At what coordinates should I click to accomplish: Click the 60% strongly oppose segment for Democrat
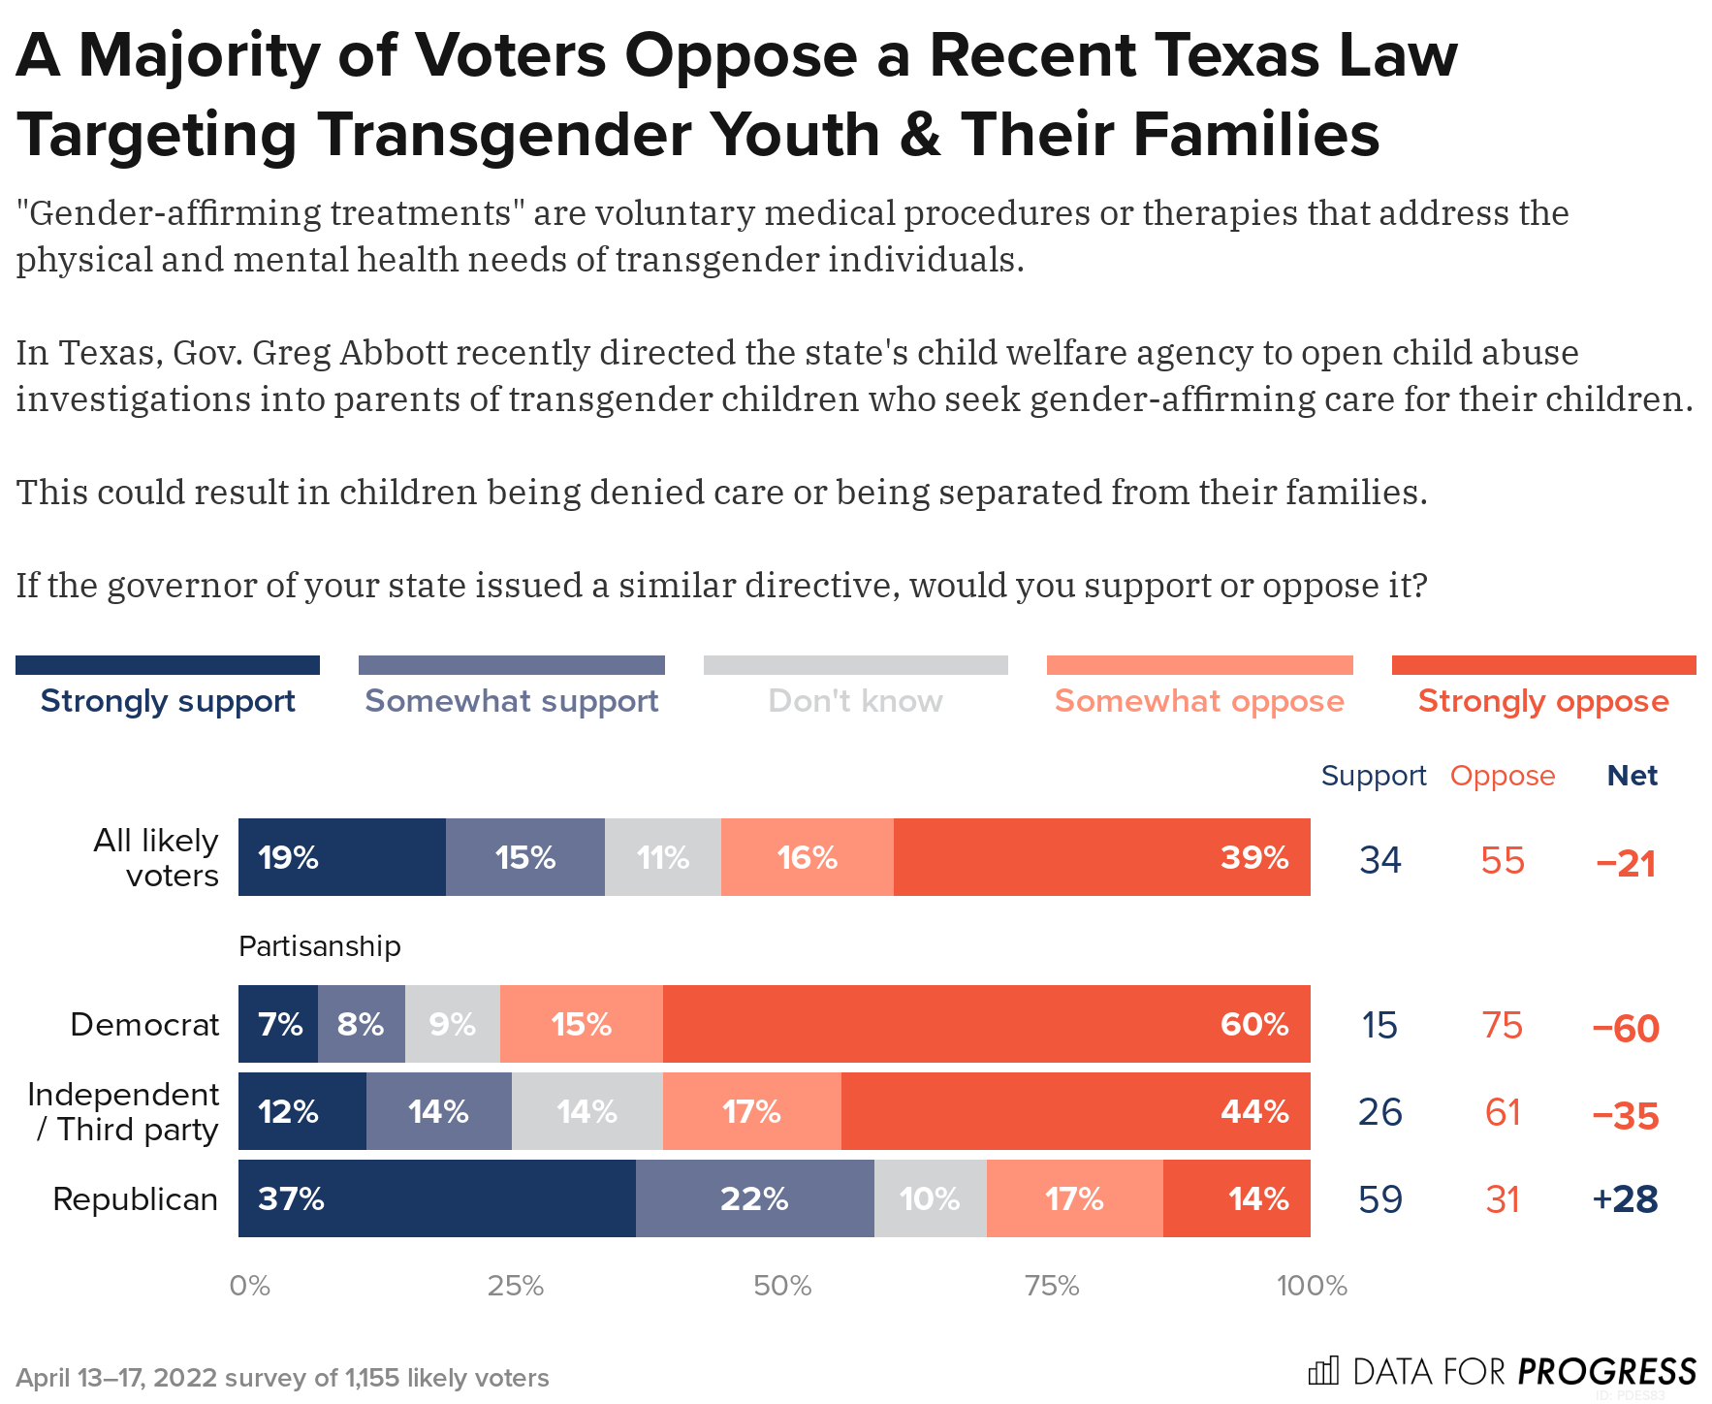pos(986,1024)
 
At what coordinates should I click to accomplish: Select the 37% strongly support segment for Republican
pos(436,1198)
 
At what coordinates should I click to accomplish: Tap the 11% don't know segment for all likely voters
pos(663,857)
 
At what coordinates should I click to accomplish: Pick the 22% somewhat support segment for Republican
pos(754,1198)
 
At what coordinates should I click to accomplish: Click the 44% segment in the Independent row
pos(1075,1111)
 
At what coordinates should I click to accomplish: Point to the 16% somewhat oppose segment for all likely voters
pos(807,857)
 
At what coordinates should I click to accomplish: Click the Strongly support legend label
pos(168,700)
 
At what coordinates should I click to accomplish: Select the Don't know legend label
pos(855,700)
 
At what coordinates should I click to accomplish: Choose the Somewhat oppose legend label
pos(1199,700)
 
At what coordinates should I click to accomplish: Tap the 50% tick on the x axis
pos(781,1286)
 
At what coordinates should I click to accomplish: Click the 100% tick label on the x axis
pos(1312,1286)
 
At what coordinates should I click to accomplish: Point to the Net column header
pos(1632,776)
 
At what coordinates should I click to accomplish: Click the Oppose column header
pos(1502,776)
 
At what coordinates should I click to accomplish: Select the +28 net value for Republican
pos(1625,1199)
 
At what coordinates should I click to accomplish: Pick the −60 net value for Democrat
pos(1626,1028)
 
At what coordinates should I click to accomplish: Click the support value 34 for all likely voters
pos(1379,860)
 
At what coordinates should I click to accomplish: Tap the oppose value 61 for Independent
pos(1503,1112)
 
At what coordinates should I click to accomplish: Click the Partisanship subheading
pos(320,946)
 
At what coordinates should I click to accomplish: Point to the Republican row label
pos(135,1199)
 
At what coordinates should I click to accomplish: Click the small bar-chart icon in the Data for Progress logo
pos(1323,1371)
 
